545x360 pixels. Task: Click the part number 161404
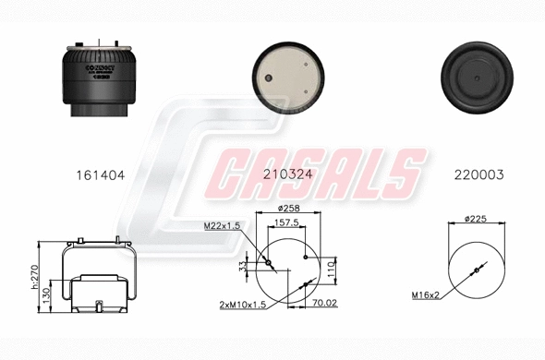(x=99, y=173)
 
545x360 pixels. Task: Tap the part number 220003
(x=478, y=173)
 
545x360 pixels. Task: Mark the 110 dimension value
(x=330, y=267)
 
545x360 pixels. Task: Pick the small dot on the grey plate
(x=269, y=78)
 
